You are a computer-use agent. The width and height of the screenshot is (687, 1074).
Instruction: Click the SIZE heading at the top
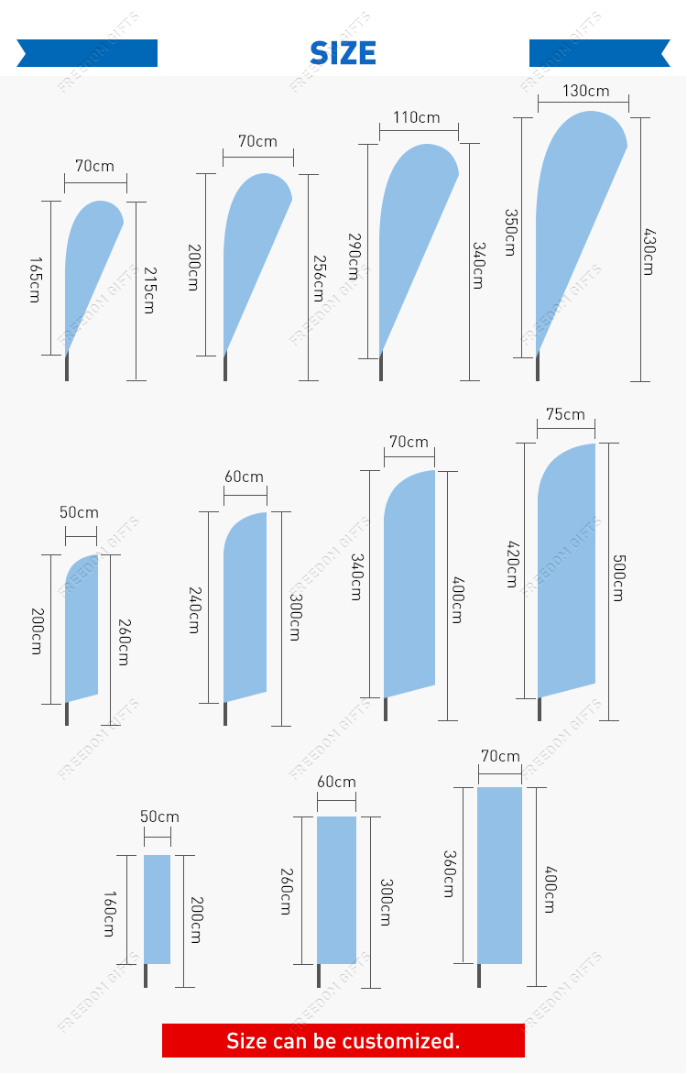(x=343, y=52)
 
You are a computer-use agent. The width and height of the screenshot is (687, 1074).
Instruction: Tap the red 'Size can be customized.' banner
(x=343, y=1040)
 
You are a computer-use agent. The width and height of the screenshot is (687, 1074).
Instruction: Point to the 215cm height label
(x=148, y=290)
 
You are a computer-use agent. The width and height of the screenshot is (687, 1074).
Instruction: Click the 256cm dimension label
(x=318, y=278)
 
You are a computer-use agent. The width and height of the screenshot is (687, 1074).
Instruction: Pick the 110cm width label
(x=417, y=117)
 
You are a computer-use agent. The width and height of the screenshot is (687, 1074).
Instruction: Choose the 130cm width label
(x=585, y=91)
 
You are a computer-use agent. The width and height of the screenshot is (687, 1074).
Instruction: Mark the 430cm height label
(x=649, y=251)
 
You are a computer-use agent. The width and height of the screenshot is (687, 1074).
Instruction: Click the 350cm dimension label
(x=510, y=233)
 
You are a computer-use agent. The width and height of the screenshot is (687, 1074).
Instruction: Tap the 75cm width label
(x=565, y=414)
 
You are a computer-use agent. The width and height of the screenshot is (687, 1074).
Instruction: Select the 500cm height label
(x=617, y=577)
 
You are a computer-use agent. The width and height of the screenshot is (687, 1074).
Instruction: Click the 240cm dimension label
(x=193, y=609)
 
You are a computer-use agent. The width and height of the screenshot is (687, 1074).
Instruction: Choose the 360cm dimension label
(x=449, y=873)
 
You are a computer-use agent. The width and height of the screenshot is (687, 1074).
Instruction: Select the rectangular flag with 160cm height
(x=158, y=908)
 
